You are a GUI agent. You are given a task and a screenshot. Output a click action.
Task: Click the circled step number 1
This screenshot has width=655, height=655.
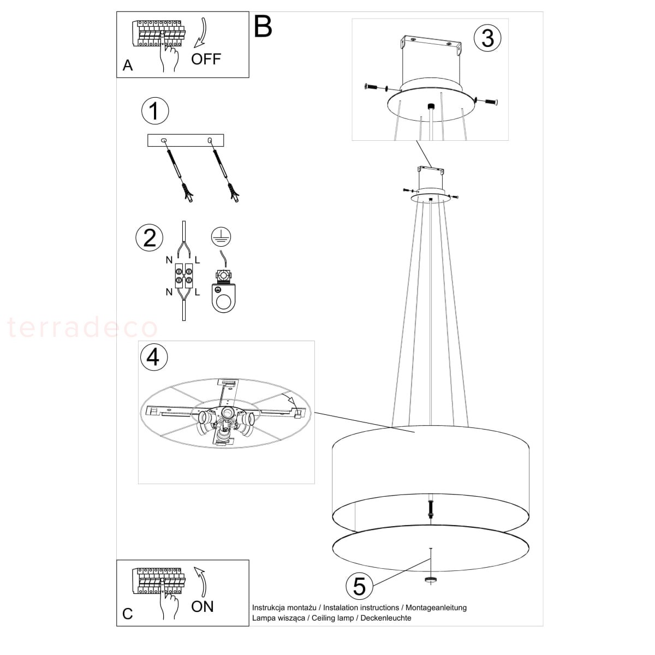[155, 111]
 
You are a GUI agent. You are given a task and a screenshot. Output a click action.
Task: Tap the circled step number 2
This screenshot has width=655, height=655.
[149, 237]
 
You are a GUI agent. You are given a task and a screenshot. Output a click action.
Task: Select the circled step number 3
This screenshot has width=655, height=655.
[487, 38]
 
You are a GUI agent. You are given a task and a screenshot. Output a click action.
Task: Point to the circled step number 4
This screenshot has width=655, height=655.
[153, 357]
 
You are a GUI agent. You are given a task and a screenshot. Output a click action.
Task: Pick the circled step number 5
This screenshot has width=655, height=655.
[359, 586]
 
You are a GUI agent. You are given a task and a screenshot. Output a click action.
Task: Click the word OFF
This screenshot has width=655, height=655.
[206, 59]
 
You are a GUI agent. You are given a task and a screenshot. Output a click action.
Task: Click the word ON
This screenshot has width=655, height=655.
[203, 606]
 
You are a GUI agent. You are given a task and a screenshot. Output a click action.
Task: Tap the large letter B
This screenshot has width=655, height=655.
[263, 27]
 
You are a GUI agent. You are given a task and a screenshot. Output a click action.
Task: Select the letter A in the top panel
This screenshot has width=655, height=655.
[128, 65]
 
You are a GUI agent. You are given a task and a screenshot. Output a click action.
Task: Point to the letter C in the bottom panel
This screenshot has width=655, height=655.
[128, 614]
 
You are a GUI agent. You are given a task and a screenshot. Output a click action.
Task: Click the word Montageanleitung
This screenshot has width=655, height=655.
[436, 608]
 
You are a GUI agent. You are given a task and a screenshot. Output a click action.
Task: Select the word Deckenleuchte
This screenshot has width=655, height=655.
[386, 618]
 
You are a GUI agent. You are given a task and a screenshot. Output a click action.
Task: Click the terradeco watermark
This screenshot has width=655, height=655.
[82, 327]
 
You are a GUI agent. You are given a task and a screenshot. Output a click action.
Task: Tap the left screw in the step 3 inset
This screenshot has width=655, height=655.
[373, 87]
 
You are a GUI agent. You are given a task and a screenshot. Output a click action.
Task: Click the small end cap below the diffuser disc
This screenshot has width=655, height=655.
[431, 580]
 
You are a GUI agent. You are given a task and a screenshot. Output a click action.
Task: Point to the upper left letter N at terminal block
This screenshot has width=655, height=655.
[169, 260]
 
